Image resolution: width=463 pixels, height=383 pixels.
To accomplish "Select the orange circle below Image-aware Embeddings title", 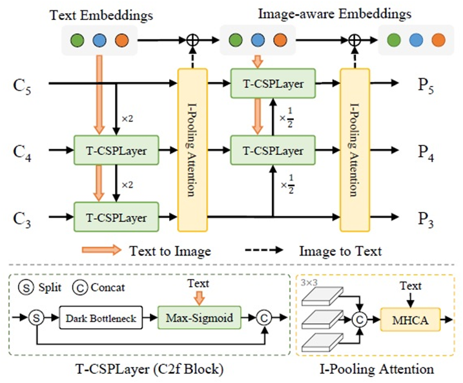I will pyautogui.click(x=279, y=41).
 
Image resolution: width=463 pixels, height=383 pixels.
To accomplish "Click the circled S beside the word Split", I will pyautogui.click(x=25, y=287).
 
